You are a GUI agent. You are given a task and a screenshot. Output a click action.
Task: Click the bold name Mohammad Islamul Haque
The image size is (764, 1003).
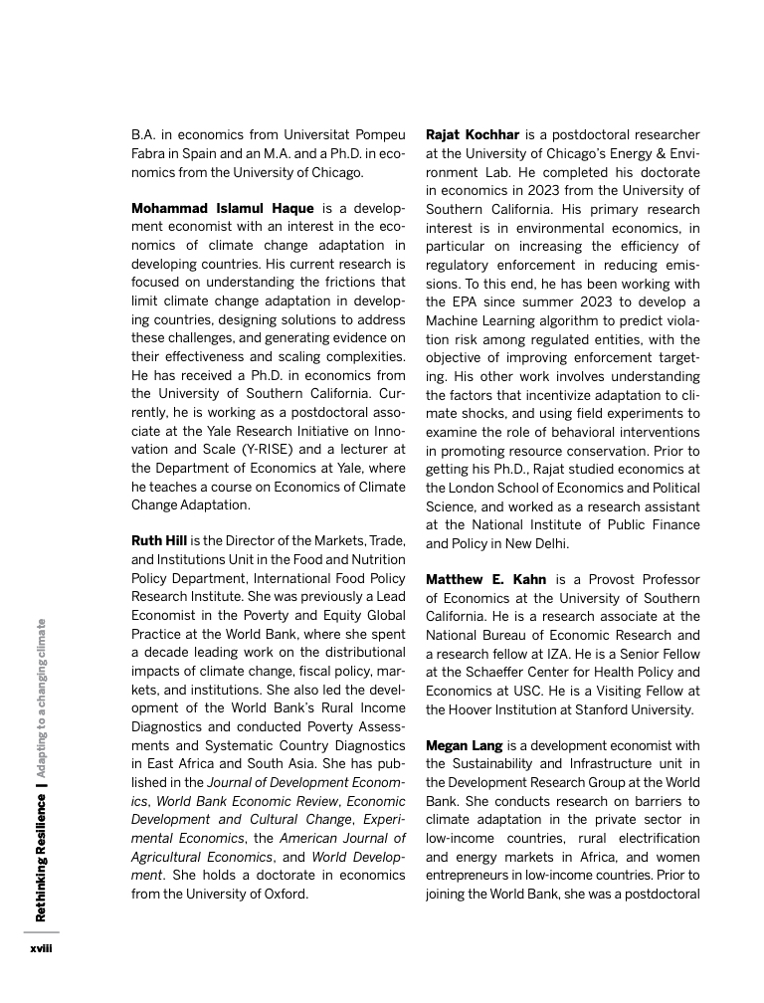[223, 210]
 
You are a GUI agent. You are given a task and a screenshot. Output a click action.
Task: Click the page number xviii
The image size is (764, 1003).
[41, 949]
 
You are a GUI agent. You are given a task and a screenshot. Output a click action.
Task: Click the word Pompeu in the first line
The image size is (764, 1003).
[379, 134]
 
